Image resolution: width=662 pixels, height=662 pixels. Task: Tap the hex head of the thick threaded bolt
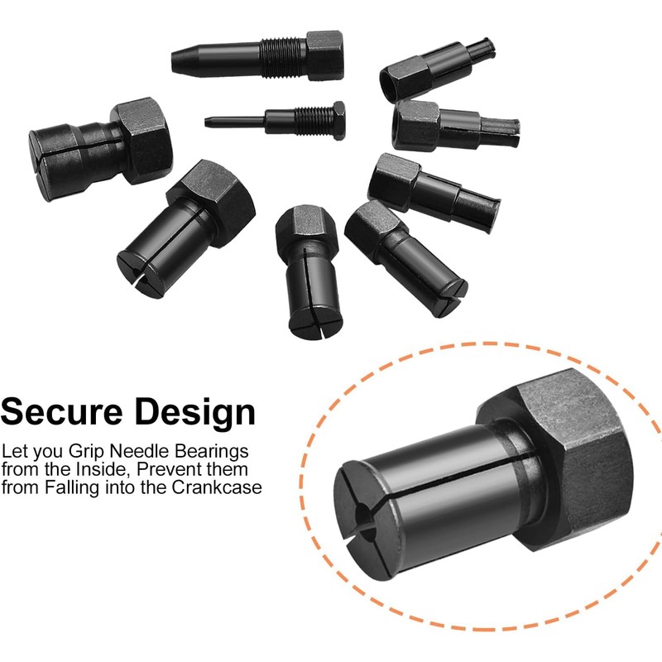[324, 55]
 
